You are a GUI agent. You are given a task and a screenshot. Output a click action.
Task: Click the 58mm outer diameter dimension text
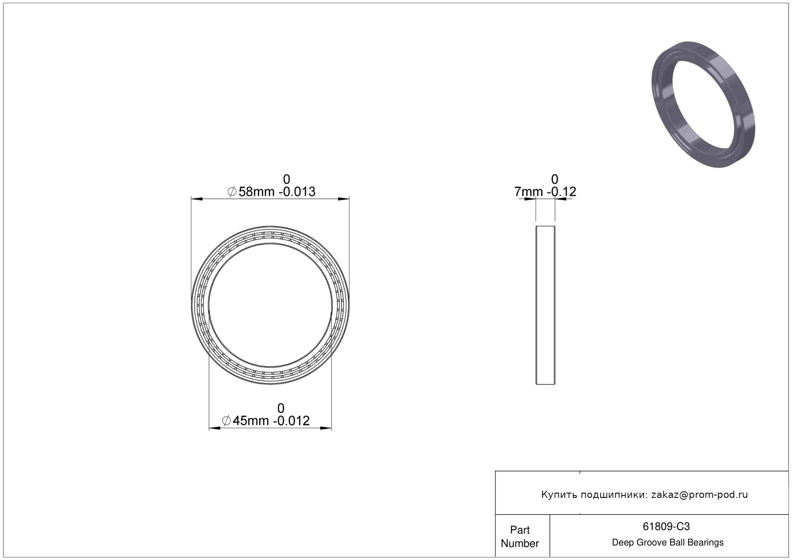pos(256,191)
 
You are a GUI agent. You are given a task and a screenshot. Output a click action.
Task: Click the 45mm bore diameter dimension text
pos(250,420)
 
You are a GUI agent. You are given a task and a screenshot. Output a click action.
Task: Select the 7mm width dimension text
pos(528,191)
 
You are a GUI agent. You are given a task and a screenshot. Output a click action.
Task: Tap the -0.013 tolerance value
pos(297,191)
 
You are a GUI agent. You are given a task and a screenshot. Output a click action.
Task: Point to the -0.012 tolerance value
pos(291,420)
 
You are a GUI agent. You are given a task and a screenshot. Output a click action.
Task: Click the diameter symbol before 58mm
pos(232,191)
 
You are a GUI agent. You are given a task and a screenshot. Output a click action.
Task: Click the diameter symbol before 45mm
pos(226,420)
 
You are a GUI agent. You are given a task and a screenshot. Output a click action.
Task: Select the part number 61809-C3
pos(666,527)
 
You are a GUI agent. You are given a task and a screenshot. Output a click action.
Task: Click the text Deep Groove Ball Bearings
pos(668,542)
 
